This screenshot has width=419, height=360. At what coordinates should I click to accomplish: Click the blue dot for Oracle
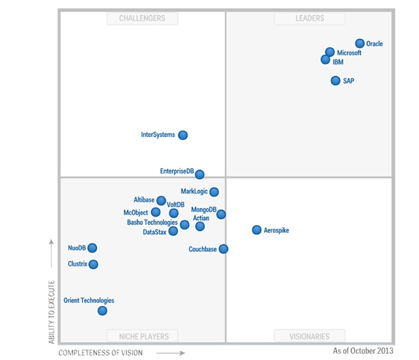click(360, 44)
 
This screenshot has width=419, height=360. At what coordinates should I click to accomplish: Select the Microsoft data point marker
click(330, 52)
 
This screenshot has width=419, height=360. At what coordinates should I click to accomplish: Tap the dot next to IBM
click(325, 60)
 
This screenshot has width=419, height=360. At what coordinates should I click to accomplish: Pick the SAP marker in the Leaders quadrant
click(336, 81)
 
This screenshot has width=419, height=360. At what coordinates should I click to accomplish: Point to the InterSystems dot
click(183, 135)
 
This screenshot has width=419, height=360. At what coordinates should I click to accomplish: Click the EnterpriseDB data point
click(200, 175)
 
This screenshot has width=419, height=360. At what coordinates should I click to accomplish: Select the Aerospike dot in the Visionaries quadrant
click(257, 230)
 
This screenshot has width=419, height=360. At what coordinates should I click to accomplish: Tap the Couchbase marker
click(224, 249)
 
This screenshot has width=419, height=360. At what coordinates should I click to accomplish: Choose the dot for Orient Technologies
click(102, 311)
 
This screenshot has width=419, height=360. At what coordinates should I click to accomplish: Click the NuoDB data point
click(92, 248)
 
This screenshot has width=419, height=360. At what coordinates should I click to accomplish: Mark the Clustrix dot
click(93, 264)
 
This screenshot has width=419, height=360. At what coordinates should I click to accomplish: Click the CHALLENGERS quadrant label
click(142, 18)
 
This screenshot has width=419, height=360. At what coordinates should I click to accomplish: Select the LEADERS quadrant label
click(309, 18)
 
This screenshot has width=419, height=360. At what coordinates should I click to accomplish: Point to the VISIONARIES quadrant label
click(309, 336)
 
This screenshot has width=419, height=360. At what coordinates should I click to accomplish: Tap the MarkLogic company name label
click(194, 191)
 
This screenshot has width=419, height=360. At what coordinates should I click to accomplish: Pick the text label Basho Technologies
click(152, 222)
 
